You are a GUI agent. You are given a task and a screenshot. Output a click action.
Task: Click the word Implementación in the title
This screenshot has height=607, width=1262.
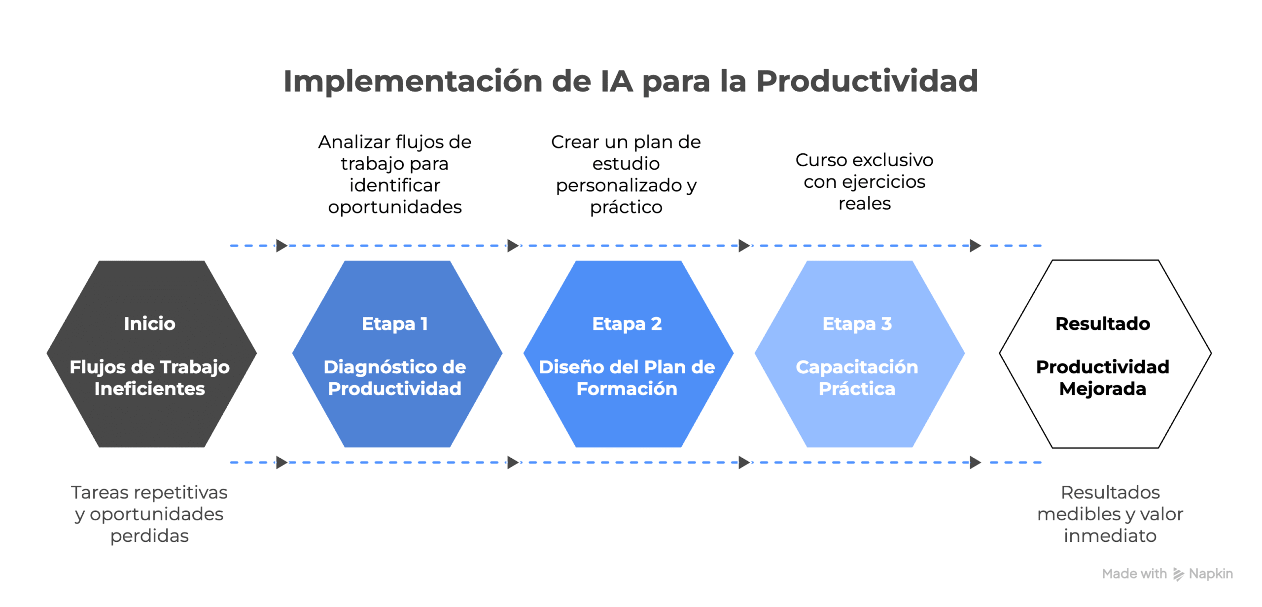click(413, 81)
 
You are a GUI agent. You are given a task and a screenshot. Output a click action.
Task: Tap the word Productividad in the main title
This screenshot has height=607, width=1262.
click(867, 81)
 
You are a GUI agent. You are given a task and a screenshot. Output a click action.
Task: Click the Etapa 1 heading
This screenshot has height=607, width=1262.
click(394, 324)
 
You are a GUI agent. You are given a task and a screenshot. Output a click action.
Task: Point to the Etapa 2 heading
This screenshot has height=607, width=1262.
click(627, 324)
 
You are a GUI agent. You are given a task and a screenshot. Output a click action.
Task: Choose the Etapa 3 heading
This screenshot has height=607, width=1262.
click(857, 324)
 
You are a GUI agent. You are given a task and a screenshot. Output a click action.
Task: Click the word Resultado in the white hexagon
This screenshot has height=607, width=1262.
click(1102, 324)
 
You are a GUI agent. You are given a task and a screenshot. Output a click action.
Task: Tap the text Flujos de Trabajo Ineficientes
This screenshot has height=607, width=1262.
click(149, 378)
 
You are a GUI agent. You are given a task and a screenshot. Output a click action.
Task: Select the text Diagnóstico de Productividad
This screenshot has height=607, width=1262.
click(394, 378)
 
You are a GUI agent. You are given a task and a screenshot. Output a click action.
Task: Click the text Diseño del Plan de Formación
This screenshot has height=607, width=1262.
click(627, 378)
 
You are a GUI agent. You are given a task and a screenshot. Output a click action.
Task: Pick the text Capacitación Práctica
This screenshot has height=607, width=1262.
click(857, 378)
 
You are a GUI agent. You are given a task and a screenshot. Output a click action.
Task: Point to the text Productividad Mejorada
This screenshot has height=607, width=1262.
click(1102, 378)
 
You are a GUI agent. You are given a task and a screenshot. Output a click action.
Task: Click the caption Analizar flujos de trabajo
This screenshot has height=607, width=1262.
click(394, 174)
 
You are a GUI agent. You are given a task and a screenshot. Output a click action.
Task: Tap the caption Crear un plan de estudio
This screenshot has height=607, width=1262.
click(626, 174)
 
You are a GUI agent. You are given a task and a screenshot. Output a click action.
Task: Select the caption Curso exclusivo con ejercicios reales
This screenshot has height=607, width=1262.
click(864, 181)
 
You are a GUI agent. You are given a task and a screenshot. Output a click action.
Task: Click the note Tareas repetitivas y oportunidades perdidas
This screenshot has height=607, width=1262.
click(149, 514)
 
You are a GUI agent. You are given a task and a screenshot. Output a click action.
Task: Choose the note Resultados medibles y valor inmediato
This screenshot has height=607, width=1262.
click(1110, 514)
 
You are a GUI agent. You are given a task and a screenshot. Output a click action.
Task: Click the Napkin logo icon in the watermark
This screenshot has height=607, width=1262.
click(1178, 574)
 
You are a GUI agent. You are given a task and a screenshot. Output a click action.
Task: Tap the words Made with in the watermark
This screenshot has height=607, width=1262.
click(1134, 574)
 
